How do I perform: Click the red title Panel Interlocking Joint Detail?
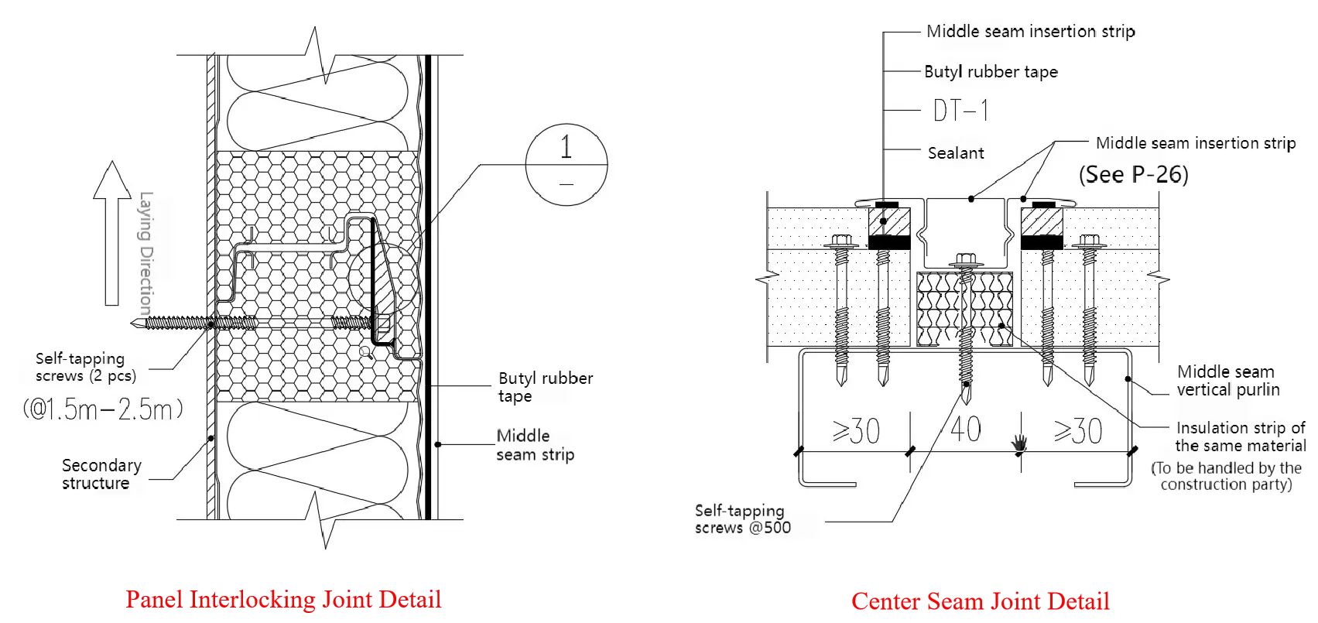coord(284,601)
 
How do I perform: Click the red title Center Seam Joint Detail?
coord(979,601)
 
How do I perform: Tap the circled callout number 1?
coord(566,149)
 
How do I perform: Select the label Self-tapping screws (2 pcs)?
coord(85,368)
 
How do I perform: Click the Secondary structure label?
coord(101,474)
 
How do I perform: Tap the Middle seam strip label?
coord(535,445)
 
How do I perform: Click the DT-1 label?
coord(960,111)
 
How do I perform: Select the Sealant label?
coord(956,153)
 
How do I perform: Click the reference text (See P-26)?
coord(1133,174)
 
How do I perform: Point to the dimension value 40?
coord(964,430)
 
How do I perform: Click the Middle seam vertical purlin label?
coord(1227,381)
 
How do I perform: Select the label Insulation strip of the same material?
coord(1240,436)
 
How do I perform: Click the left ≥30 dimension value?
coord(856,431)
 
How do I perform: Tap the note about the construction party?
coord(1226,477)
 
